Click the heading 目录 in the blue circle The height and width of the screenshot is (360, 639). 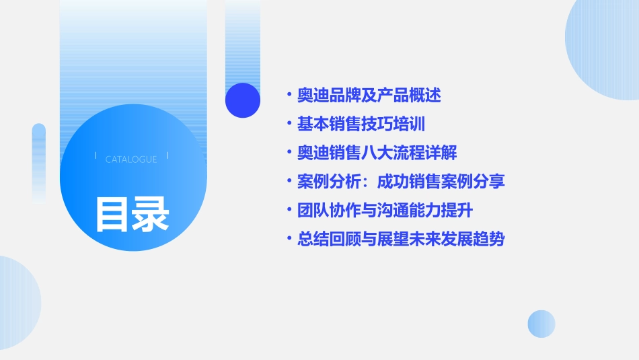click(x=132, y=214)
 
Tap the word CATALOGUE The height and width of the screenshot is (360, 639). click(x=131, y=159)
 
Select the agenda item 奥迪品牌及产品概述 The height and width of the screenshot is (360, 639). click(x=369, y=96)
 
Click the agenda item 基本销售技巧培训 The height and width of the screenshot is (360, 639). click(x=361, y=124)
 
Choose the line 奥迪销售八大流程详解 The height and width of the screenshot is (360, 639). click(x=377, y=153)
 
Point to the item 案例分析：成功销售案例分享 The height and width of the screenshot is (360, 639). click(x=401, y=182)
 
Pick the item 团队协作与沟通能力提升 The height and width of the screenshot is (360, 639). click(x=385, y=211)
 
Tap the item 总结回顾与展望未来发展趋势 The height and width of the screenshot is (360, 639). click(x=401, y=239)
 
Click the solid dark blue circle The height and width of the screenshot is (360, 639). click(x=243, y=100)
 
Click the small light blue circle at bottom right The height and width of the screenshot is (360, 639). click(x=541, y=324)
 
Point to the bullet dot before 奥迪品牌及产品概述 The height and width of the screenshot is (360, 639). click(x=289, y=96)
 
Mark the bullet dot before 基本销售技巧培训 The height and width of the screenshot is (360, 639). click(x=289, y=124)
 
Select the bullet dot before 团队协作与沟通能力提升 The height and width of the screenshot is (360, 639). click(x=289, y=211)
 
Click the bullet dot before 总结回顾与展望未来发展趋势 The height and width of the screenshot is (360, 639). click(x=289, y=239)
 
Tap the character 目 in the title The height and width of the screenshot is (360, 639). click(x=112, y=214)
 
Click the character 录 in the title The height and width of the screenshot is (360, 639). click(x=151, y=214)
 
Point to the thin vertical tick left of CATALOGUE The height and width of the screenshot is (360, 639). click(x=96, y=155)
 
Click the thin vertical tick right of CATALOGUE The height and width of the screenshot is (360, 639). click(x=167, y=155)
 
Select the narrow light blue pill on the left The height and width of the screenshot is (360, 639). click(x=39, y=161)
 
